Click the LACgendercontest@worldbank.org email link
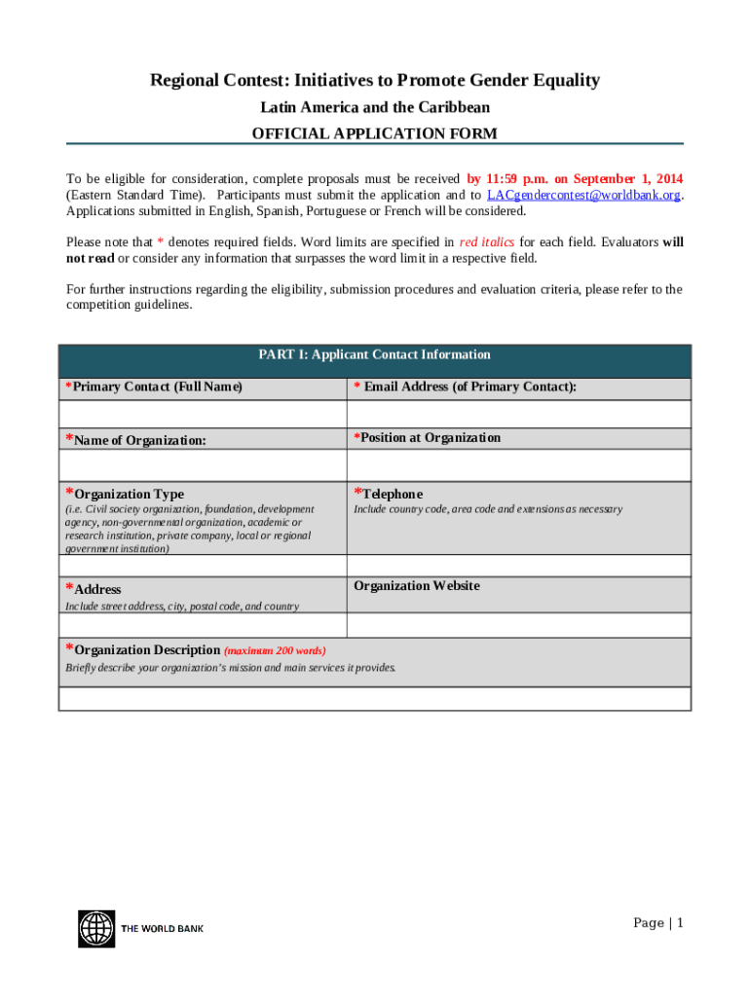point(582,195)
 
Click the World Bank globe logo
point(96,928)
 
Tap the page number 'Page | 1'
point(658,923)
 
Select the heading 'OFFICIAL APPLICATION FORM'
point(375,133)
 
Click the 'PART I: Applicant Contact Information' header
point(375,355)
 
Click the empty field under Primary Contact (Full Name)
point(203,414)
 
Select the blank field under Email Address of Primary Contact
point(518,414)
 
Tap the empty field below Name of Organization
point(203,464)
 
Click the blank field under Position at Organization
point(518,464)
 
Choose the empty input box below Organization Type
point(203,566)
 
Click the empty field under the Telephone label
point(518,566)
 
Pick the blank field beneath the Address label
point(203,624)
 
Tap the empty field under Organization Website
point(518,624)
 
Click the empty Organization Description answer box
point(375,698)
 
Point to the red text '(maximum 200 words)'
point(275,650)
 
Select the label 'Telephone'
point(392,494)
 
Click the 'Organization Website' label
point(417,586)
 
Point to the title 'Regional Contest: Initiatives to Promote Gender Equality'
point(375,81)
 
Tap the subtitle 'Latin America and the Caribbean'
point(375,107)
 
